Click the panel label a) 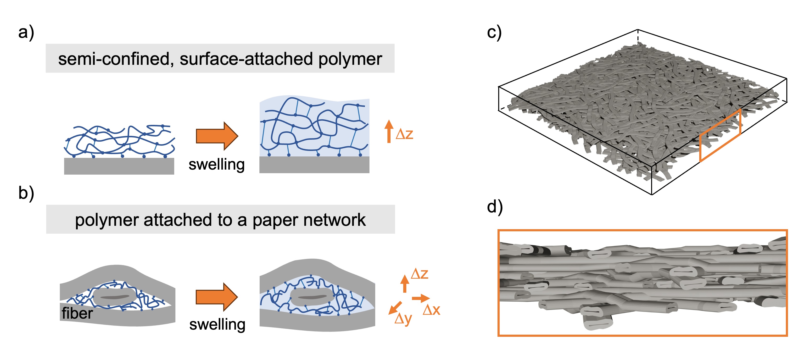26,32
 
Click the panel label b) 26,193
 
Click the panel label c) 494,32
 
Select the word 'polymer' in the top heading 350,59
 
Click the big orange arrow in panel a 217,136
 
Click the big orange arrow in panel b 217,297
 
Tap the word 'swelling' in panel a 217,165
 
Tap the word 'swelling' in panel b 217,325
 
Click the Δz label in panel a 404,134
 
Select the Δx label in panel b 431,310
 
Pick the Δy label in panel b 403,319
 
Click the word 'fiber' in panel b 77,313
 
